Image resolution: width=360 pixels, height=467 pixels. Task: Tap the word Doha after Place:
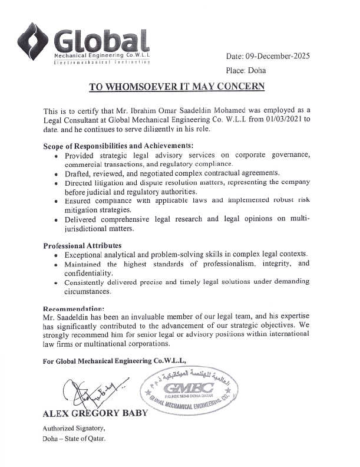tap(257, 71)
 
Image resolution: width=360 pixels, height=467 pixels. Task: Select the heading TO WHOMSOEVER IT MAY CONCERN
tap(177, 87)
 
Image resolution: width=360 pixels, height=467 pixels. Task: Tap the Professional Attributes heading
tap(82, 245)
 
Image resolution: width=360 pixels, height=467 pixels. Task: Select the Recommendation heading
tap(74, 308)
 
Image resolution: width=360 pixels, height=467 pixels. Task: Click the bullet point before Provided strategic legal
tap(55, 156)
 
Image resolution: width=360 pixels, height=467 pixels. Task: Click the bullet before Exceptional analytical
tap(55, 255)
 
